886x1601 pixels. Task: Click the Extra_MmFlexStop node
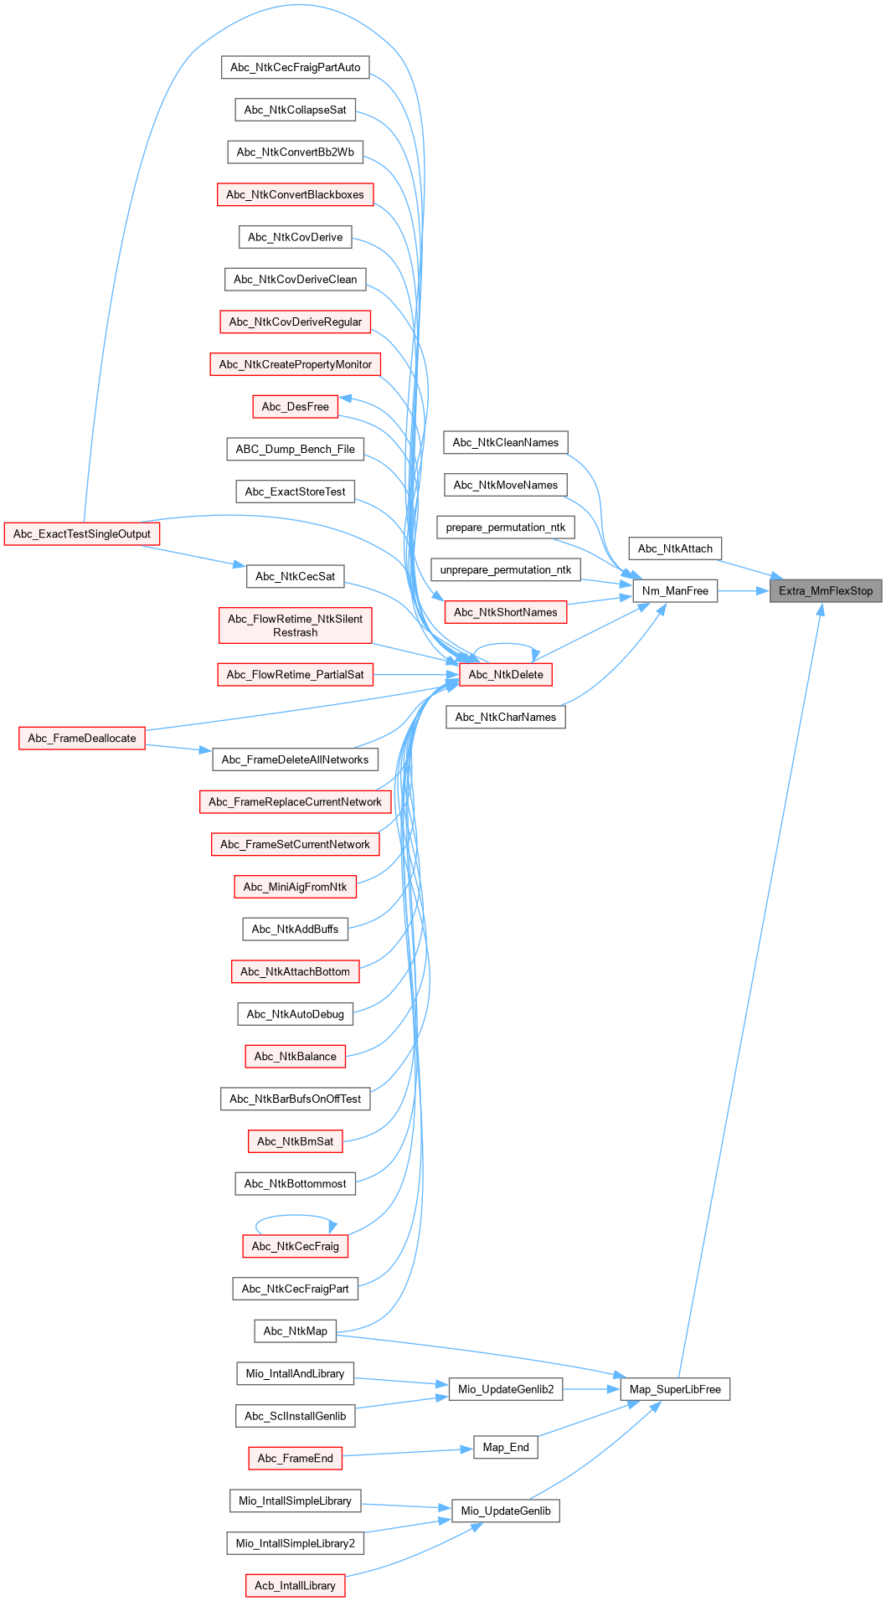pyautogui.click(x=826, y=590)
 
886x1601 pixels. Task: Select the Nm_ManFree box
pyautogui.click(x=675, y=590)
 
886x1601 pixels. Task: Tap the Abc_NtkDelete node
pyautogui.click(x=506, y=674)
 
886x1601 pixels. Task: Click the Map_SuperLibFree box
pyautogui.click(x=675, y=1389)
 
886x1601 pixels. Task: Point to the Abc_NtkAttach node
pyautogui.click(x=675, y=548)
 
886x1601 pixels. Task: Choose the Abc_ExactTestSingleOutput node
pyautogui.click(x=82, y=533)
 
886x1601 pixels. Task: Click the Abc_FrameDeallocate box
pyautogui.click(x=82, y=738)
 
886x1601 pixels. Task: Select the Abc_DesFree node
pyautogui.click(x=295, y=406)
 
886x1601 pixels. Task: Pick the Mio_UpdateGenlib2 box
pyautogui.click(x=506, y=1389)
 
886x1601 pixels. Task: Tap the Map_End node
pyautogui.click(x=506, y=1447)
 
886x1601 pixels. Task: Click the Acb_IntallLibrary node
pyautogui.click(x=295, y=1585)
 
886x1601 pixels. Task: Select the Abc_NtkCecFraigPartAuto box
pyautogui.click(x=295, y=67)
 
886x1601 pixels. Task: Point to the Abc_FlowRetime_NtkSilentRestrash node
pyautogui.click(x=295, y=625)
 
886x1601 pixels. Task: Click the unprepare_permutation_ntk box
pyautogui.click(x=506, y=569)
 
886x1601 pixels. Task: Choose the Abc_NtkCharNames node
pyautogui.click(x=506, y=717)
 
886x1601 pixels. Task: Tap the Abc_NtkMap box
pyautogui.click(x=295, y=1331)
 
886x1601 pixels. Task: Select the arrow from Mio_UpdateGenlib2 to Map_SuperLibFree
pyautogui.click(x=591, y=1389)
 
